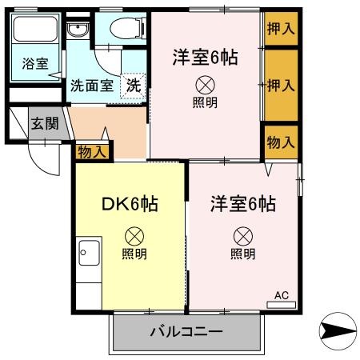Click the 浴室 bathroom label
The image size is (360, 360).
coord(34,62)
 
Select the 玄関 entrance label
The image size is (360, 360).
coord(45,123)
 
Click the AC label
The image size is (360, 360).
coord(282,295)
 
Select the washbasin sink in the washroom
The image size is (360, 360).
coord(78,31)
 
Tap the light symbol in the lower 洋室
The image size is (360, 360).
coord(242,236)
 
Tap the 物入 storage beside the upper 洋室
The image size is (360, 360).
coord(281,142)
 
